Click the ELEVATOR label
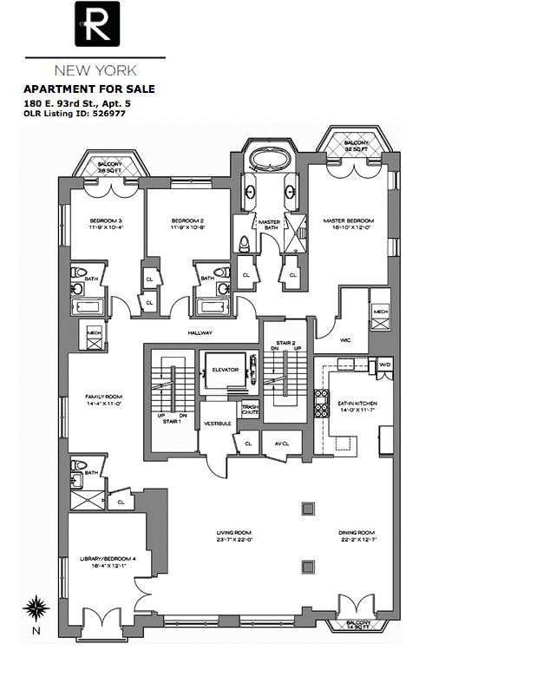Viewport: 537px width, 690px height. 225,371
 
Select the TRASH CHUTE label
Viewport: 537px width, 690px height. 250,410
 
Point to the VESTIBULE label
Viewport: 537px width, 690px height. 217,424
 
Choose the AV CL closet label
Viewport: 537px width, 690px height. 281,444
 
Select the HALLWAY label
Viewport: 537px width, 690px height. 200,332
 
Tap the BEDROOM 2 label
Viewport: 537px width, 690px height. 187,221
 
